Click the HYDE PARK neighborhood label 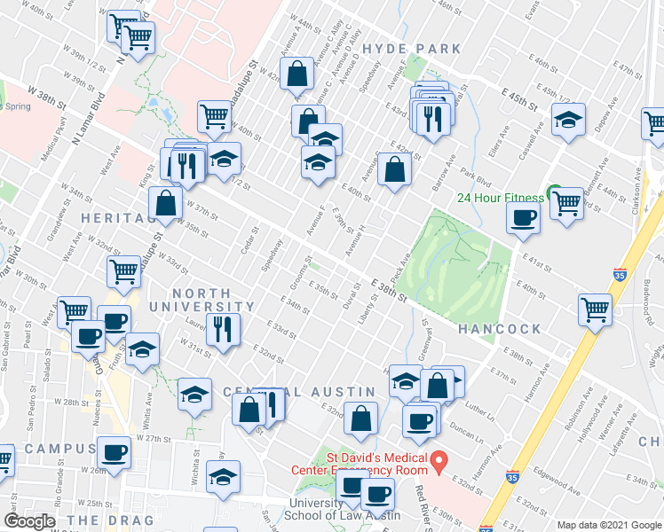pyautogui.click(x=412, y=49)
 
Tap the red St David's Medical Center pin pyautogui.click(x=438, y=461)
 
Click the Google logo pyautogui.click(x=29, y=521)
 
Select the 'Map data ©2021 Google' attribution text pyautogui.click(x=609, y=526)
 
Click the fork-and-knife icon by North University pyautogui.click(x=223, y=329)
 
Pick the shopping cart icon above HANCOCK pyautogui.click(x=595, y=309)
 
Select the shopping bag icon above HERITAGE pyautogui.click(x=166, y=203)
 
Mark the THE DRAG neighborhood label pyautogui.click(x=110, y=520)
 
